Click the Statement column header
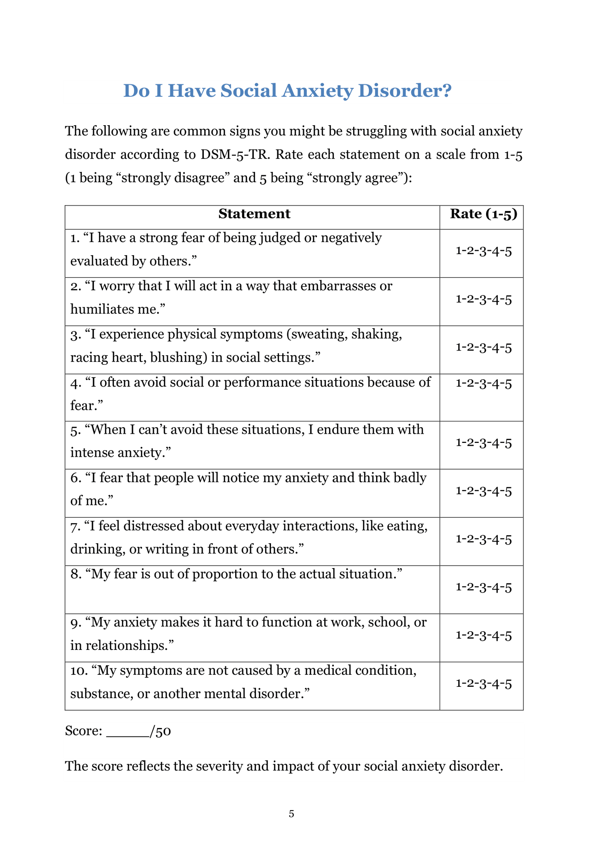tap(254, 214)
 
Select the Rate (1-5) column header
tap(483, 214)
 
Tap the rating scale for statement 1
tap(483, 251)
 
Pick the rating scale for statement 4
tap(483, 383)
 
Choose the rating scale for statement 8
tap(483, 587)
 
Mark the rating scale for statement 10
tap(483, 684)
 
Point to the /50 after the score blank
tap(161, 731)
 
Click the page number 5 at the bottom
tap(292, 814)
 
